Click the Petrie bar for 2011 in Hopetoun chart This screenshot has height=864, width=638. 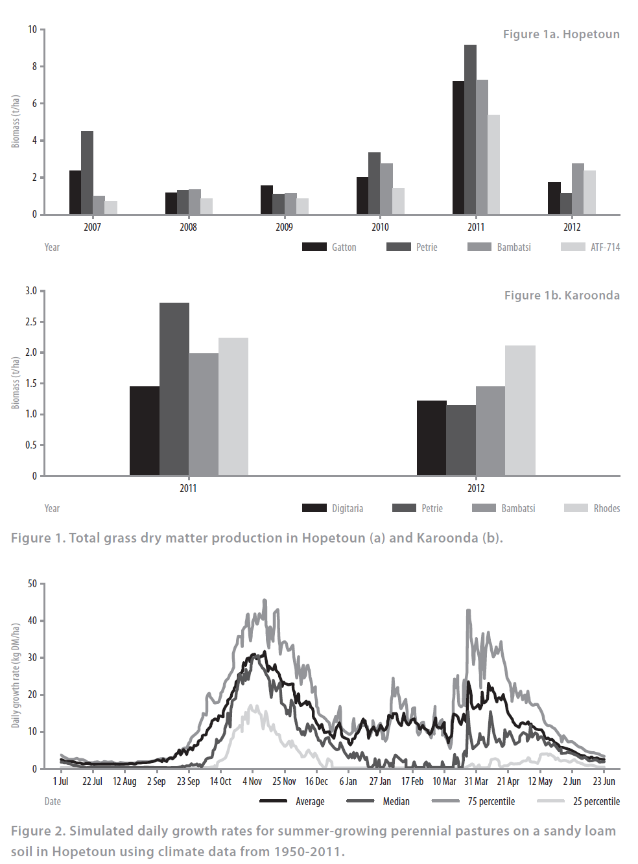tap(470, 130)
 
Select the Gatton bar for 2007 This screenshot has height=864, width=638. tap(75, 193)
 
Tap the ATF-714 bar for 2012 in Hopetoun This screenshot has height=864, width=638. tap(589, 193)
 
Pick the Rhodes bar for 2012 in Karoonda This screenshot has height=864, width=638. tap(520, 410)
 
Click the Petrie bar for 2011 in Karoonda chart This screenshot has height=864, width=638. tap(174, 389)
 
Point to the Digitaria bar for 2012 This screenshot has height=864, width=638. tap(431, 438)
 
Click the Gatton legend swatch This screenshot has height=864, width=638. tap(314, 247)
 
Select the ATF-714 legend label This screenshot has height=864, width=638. tap(605, 247)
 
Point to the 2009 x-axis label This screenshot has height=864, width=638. tap(284, 227)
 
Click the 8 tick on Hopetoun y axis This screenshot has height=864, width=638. tap(35, 66)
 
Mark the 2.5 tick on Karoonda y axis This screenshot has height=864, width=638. tap(31, 321)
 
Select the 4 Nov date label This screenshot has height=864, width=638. tap(252, 781)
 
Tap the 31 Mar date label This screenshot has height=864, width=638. tap(476, 781)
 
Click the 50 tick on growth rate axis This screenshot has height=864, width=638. tap(32, 583)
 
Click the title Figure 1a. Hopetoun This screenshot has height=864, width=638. tap(561, 34)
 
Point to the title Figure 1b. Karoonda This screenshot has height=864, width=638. tap(561, 296)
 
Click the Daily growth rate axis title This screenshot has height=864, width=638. tap(16, 675)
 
